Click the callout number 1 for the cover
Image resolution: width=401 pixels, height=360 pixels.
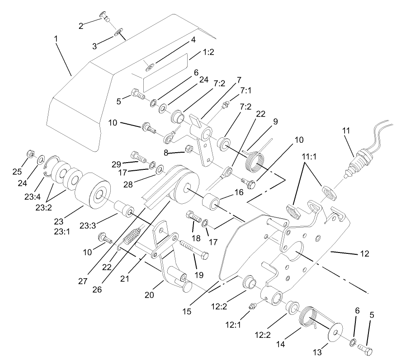click(56, 39)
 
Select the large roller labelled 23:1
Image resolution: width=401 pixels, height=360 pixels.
click(92, 190)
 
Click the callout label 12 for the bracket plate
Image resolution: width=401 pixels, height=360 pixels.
click(364, 254)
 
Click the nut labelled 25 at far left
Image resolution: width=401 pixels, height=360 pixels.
click(29, 153)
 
